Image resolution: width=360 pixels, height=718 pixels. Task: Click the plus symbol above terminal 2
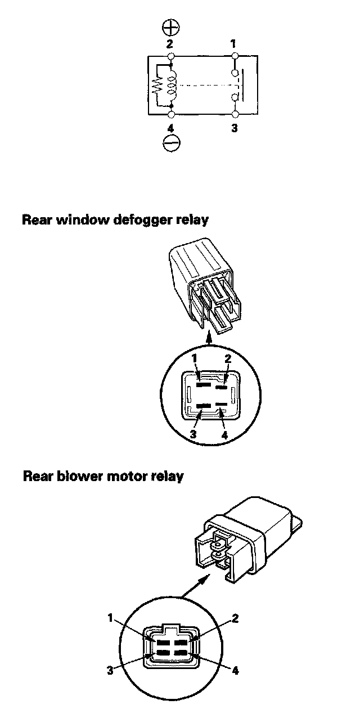click(x=170, y=28)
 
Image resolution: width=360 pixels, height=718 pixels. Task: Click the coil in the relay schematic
click(x=172, y=85)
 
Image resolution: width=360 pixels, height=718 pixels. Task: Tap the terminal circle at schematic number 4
click(x=170, y=114)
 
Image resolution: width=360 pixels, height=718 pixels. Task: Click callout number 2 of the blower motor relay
click(x=235, y=619)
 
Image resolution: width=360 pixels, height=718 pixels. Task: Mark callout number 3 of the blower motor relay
click(x=110, y=670)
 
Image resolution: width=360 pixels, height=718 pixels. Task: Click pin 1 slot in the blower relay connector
click(x=163, y=643)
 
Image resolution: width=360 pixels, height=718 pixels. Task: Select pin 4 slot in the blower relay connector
click(x=181, y=652)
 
